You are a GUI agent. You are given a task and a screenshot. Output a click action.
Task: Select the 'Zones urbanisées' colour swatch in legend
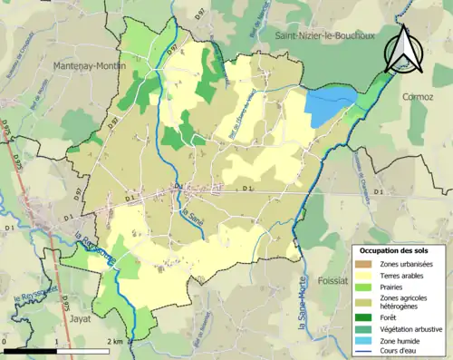coord(365,263)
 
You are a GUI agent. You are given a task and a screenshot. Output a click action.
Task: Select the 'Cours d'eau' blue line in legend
coord(365,352)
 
